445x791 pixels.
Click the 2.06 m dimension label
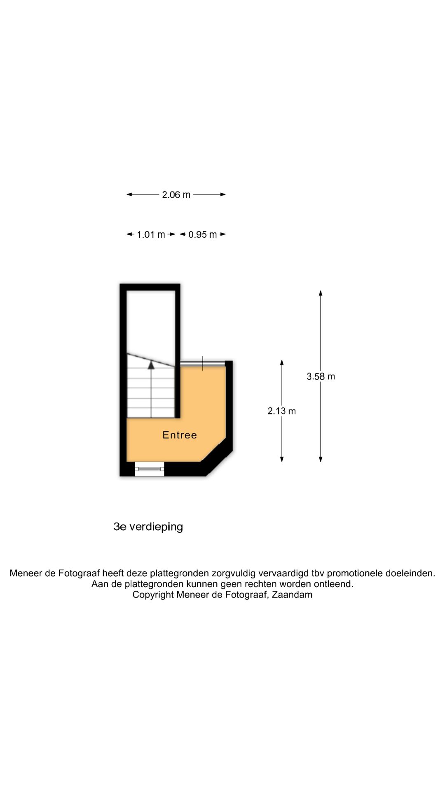click(x=176, y=195)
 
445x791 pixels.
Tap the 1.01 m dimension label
click(x=151, y=235)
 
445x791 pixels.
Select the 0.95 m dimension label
click(x=202, y=235)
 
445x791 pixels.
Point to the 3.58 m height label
click(x=321, y=377)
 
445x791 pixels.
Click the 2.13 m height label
click(x=282, y=411)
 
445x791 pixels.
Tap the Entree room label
click(x=180, y=435)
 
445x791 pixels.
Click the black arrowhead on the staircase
click(x=151, y=365)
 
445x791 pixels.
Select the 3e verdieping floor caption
click(x=148, y=527)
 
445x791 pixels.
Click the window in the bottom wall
click(x=150, y=469)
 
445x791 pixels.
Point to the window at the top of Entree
click(x=203, y=363)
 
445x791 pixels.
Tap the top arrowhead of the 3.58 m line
click(x=321, y=293)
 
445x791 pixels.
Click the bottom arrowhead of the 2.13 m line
click(x=282, y=459)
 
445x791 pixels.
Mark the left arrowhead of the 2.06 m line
click(x=129, y=194)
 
